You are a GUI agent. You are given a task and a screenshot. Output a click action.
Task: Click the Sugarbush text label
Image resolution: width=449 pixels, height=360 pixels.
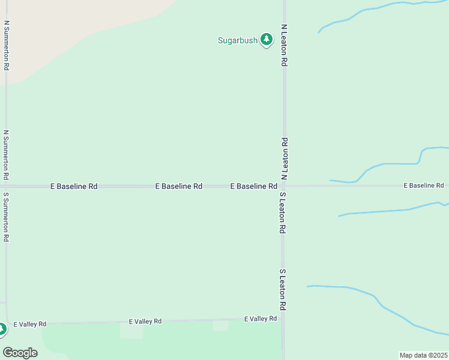click(x=237, y=41)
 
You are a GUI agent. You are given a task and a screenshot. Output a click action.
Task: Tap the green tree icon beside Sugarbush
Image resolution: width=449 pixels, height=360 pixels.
click(x=267, y=40)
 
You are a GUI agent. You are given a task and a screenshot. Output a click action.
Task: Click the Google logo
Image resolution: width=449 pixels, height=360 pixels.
click(x=20, y=353)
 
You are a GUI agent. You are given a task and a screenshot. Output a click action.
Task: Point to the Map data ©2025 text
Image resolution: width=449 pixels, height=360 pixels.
click(x=423, y=355)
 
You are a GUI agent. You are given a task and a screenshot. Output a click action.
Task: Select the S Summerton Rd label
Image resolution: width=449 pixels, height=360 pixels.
click(x=5, y=217)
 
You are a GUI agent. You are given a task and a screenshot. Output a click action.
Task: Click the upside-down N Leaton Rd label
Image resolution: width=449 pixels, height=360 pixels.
click(x=285, y=158)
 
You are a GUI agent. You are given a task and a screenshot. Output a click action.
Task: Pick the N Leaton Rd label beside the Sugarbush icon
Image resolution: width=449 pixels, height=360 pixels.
click(x=285, y=45)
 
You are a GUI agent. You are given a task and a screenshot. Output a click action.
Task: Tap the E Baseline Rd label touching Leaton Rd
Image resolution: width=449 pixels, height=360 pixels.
click(x=253, y=187)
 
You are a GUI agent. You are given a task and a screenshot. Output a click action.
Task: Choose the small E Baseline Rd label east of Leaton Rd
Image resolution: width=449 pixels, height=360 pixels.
click(x=423, y=185)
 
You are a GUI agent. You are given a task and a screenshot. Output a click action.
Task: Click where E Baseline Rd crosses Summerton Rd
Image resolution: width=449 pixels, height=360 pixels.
click(x=6, y=186)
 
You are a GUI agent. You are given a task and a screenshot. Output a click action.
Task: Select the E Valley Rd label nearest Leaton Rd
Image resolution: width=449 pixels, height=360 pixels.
click(x=261, y=319)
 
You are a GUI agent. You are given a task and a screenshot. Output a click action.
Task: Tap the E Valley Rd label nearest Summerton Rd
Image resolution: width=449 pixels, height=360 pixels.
click(x=30, y=324)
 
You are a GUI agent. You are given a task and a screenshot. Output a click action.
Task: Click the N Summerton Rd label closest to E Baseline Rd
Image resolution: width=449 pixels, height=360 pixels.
click(x=5, y=155)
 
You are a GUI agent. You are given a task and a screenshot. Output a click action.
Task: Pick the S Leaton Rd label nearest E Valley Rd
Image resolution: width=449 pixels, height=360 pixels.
click(x=282, y=289)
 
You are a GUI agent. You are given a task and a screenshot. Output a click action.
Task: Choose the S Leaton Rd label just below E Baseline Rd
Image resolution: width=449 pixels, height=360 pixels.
click(x=282, y=213)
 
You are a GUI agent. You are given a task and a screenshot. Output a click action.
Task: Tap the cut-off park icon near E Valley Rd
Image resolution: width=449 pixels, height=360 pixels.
click(x=2, y=329)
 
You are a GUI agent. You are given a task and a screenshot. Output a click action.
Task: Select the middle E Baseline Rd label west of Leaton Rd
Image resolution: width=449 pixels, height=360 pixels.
click(x=178, y=187)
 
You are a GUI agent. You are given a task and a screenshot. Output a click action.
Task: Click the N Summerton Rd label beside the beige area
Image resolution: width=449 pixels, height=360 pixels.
click(x=6, y=46)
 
